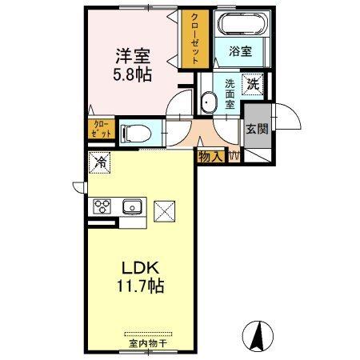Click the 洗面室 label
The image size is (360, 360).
(230, 93)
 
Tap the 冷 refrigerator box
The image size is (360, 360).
(102, 162)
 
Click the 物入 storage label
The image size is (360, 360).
(210, 157)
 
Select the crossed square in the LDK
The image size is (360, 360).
(165, 210)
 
